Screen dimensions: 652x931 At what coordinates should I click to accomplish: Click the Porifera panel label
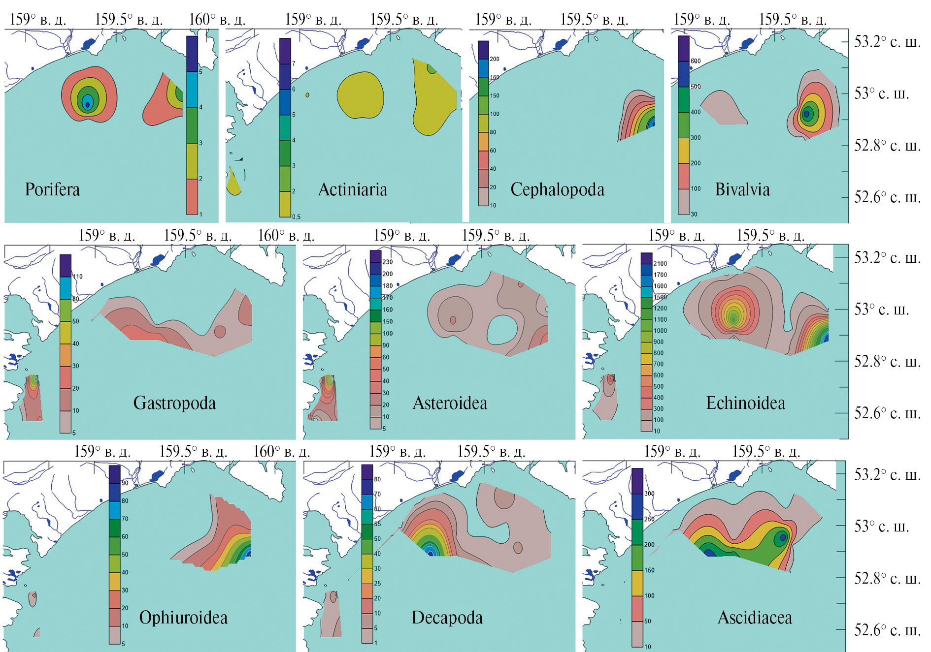coord(52,189)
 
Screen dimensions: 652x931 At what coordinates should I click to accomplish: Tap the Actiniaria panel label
coord(352,189)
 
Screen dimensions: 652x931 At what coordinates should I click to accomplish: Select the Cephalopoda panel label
coord(557,189)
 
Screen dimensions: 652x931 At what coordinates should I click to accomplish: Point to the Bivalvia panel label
coord(742,189)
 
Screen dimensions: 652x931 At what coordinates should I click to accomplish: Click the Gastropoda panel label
coord(174,403)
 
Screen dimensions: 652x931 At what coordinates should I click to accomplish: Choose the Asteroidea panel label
coord(450,403)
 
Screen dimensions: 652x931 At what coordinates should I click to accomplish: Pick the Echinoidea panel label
coord(745,403)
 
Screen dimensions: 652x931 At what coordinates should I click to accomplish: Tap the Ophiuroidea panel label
coord(183,618)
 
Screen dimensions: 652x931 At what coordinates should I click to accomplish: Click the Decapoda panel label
coord(447,618)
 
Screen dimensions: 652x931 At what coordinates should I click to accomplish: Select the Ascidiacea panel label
coord(755,618)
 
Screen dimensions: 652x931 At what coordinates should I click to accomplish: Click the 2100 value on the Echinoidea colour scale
coord(660,264)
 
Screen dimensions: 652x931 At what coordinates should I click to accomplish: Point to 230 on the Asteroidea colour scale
coord(387,262)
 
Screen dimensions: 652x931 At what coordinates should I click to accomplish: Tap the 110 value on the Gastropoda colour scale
coord(78,277)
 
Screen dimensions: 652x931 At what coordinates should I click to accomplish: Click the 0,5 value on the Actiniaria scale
coord(296,217)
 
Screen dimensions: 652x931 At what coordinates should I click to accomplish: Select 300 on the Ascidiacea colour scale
coord(649,494)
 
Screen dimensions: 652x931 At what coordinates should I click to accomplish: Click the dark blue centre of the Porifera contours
coord(88,104)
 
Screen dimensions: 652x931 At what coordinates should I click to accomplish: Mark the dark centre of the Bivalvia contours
coord(806,114)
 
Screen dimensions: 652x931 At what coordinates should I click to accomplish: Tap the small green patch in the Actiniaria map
coord(432,69)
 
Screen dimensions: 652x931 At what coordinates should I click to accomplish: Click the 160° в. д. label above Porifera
coord(217,20)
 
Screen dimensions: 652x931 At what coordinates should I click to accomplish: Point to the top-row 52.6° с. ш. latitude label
coord(887,197)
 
